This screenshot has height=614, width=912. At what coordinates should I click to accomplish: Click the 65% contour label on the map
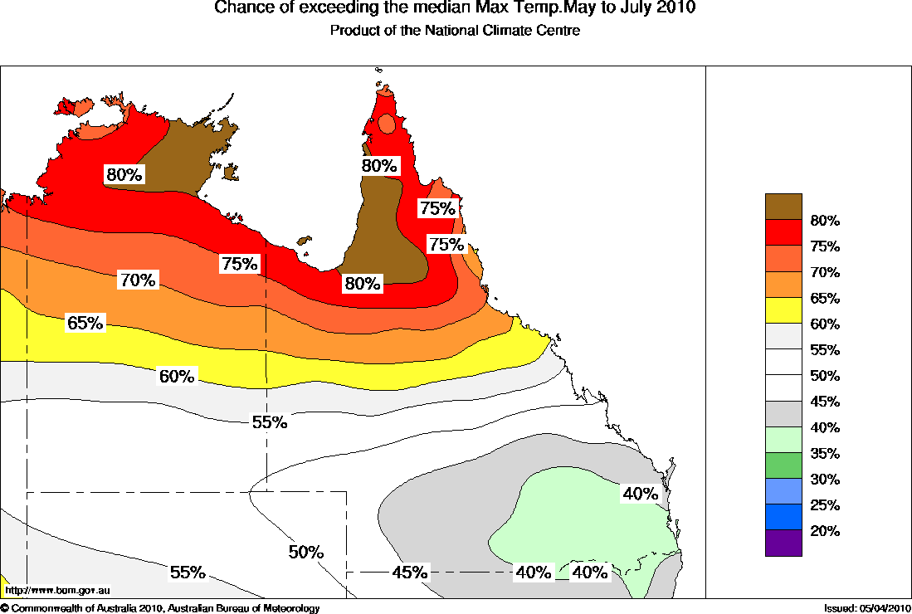[85, 323]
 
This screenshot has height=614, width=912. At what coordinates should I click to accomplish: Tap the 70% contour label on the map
[138, 280]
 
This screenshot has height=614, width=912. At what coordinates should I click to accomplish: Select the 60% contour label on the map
[177, 376]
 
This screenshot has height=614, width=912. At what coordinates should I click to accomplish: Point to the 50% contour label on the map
[306, 552]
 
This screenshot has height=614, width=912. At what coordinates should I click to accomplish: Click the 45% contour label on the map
[410, 572]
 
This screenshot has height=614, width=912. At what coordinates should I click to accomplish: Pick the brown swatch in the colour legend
[783, 207]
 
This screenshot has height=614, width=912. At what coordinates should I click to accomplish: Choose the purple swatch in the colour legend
[783, 543]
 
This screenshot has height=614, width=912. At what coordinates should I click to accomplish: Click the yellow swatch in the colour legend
[783, 310]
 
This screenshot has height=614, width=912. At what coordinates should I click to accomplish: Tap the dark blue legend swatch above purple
[783, 517]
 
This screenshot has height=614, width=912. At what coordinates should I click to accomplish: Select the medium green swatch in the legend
[783, 465]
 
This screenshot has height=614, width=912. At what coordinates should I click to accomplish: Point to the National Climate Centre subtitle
[455, 30]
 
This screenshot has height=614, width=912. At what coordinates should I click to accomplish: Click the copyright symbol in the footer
[5, 609]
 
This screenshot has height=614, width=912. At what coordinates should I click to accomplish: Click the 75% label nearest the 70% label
[241, 264]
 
